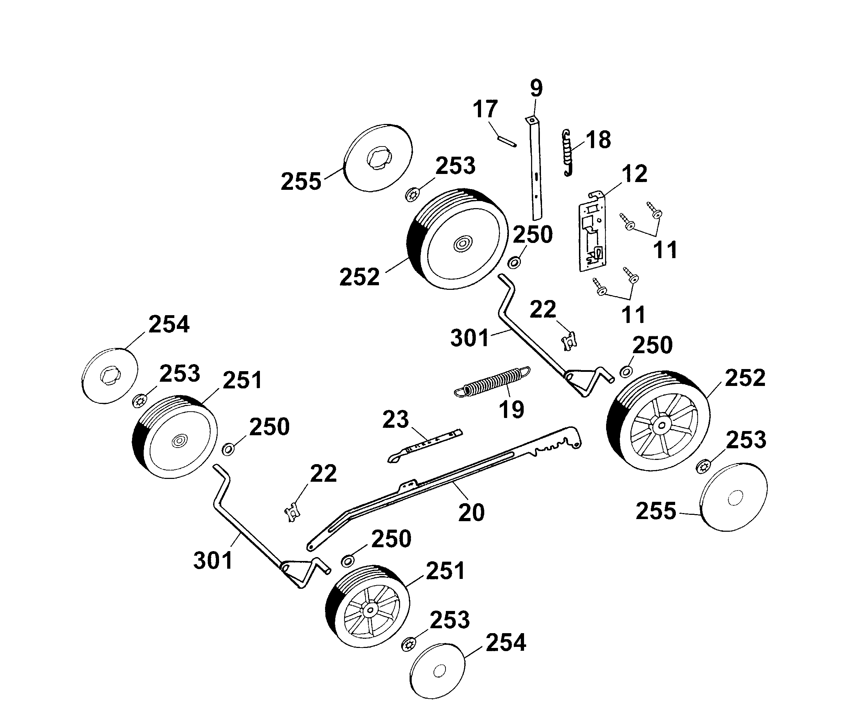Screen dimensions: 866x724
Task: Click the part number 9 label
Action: coord(536,88)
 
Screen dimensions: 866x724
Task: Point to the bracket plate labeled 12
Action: coord(593,233)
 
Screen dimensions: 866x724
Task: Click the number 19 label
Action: coord(511,410)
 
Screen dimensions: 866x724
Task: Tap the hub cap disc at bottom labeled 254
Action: coord(437,671)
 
